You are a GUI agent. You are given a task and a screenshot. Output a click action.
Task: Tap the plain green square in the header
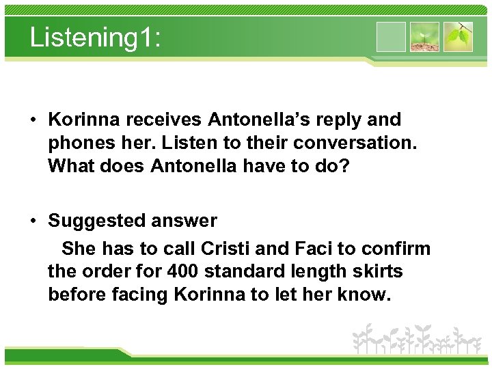(x=391, y=37)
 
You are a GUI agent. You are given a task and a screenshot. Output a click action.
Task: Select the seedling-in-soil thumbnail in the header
(x=424, y=37)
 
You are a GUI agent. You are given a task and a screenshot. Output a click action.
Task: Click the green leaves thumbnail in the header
(x=458, y=37)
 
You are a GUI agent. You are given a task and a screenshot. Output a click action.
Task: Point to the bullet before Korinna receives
(x=33, y=120)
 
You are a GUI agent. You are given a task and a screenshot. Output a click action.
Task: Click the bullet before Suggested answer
(x=33, y=221)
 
